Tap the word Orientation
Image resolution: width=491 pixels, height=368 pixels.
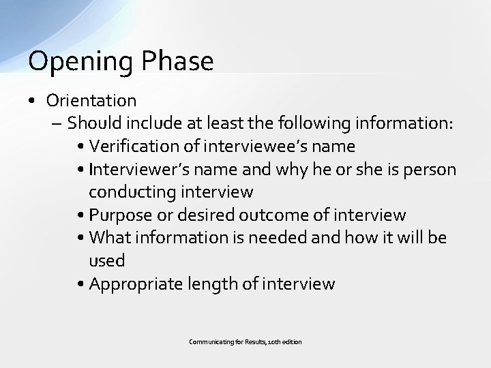[x=91, y=101]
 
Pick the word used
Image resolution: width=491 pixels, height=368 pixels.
[x=107, y=260]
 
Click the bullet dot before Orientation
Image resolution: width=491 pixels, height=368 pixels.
[x=33, y=102]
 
